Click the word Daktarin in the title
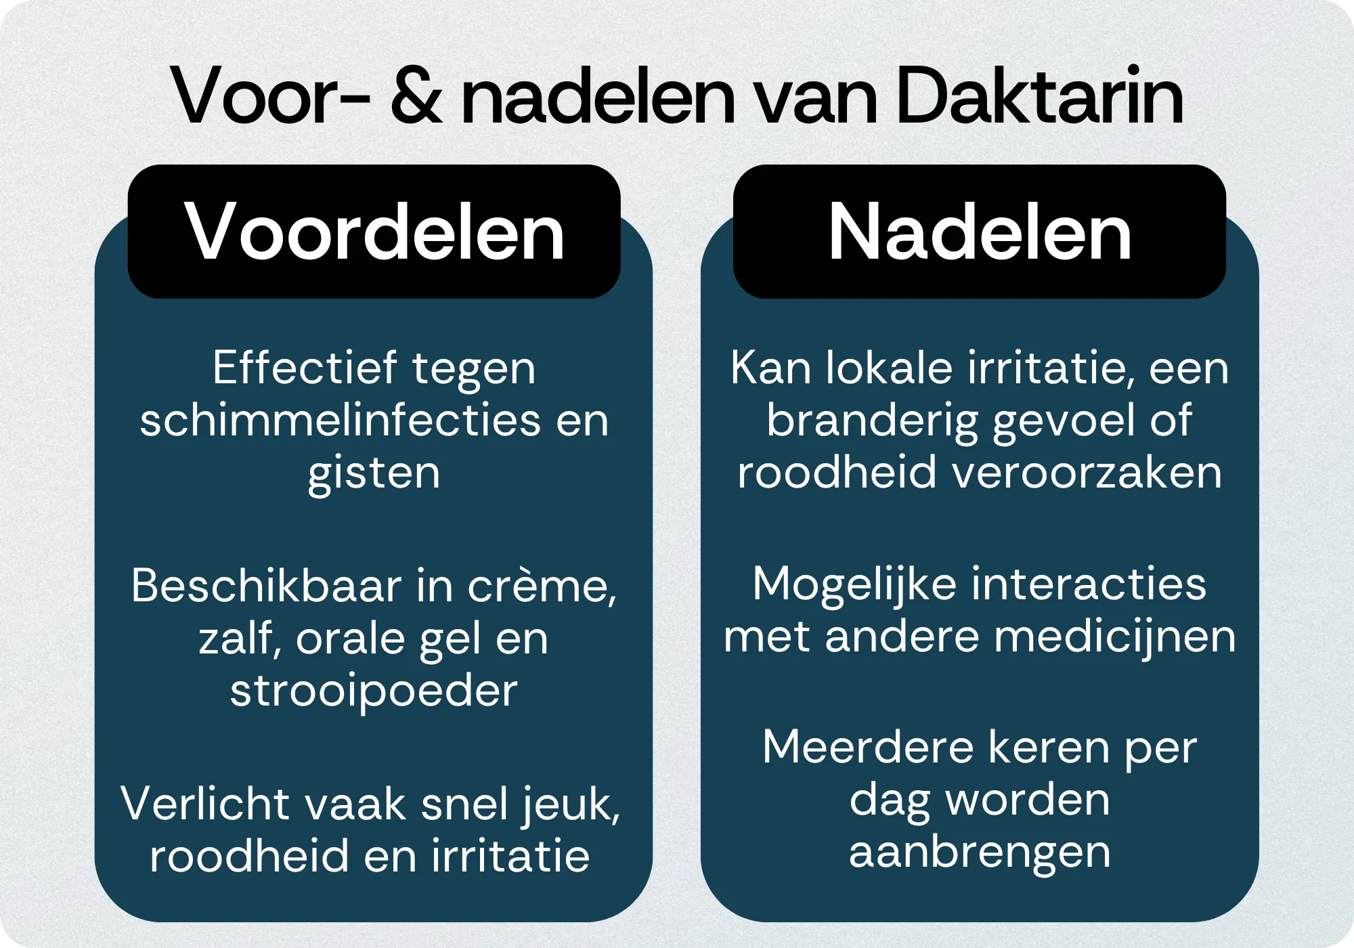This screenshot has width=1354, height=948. pyautogui.click(x=1040, y=95)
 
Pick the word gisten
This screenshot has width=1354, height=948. pyautogui.click(x=374, y=474)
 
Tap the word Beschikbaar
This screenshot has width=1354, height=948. pyautogui.click(x=266, y=585)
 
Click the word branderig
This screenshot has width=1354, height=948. pyautogui.click(x=873, y=421)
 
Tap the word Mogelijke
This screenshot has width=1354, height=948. pyautogui.click(x=854, y=585)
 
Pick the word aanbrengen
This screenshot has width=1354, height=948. pyautogui.click(x=980, y=853)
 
